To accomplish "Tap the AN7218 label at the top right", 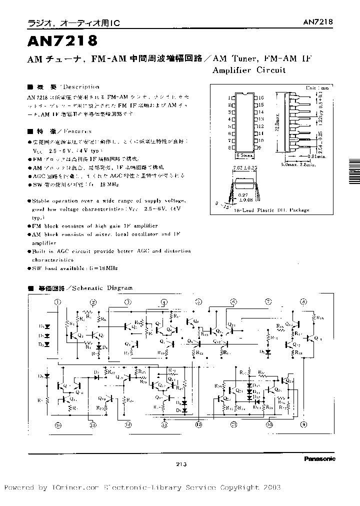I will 318,22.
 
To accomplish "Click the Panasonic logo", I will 319,458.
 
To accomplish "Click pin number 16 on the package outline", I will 260,98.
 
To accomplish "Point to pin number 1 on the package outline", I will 229,98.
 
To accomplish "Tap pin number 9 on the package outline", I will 260,148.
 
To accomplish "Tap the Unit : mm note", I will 318,87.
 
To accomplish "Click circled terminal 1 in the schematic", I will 58,302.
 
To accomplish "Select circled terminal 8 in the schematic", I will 303,302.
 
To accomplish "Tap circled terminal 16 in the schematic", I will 58,425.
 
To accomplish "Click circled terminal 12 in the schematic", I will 198,425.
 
